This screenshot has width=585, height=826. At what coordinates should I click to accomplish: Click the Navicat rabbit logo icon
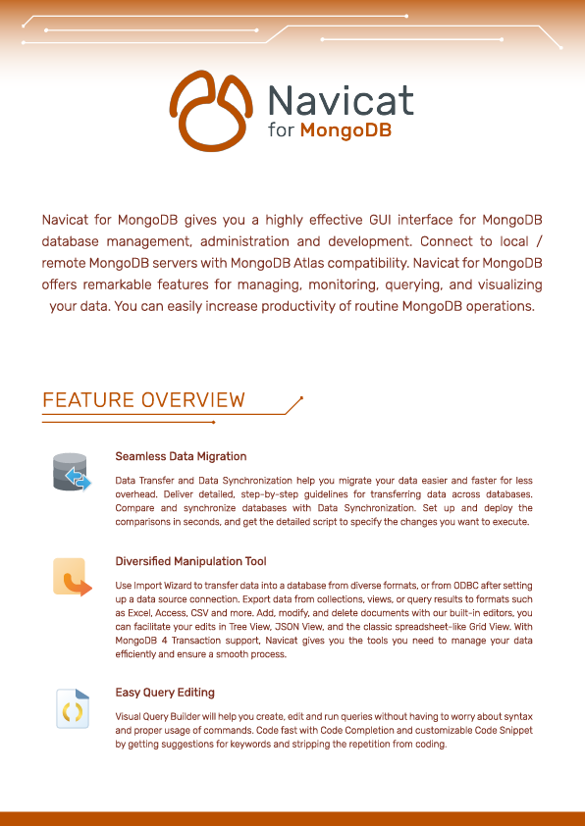(x=212, y=110)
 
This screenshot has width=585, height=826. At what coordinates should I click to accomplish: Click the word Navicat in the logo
(x=341, y=101)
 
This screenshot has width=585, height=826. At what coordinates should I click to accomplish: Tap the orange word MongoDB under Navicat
(x=346, y=131)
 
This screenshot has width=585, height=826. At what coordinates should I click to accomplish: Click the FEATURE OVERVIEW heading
(x=143, y=400)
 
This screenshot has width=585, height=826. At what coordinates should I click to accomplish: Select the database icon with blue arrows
(x=72, y=472)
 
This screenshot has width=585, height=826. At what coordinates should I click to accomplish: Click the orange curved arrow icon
(x=72, y=578)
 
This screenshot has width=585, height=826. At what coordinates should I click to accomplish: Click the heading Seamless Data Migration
(x=181, y=456)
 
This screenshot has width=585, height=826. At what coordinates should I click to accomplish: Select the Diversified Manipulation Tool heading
(x=190, y=562)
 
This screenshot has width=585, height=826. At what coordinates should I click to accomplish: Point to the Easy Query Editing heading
(x=165, y=692)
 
